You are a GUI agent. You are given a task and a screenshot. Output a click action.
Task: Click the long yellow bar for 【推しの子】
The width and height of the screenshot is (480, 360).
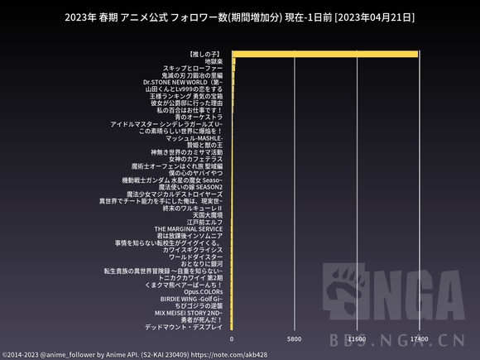tap(324, 54)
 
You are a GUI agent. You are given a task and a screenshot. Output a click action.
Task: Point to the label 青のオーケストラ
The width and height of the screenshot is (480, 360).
tap(193, 117)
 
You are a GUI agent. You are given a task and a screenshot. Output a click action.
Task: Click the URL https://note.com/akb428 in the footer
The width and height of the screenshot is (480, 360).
tap(229, 354)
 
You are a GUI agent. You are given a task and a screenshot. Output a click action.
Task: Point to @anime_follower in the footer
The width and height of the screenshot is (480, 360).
tap(68, 354)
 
